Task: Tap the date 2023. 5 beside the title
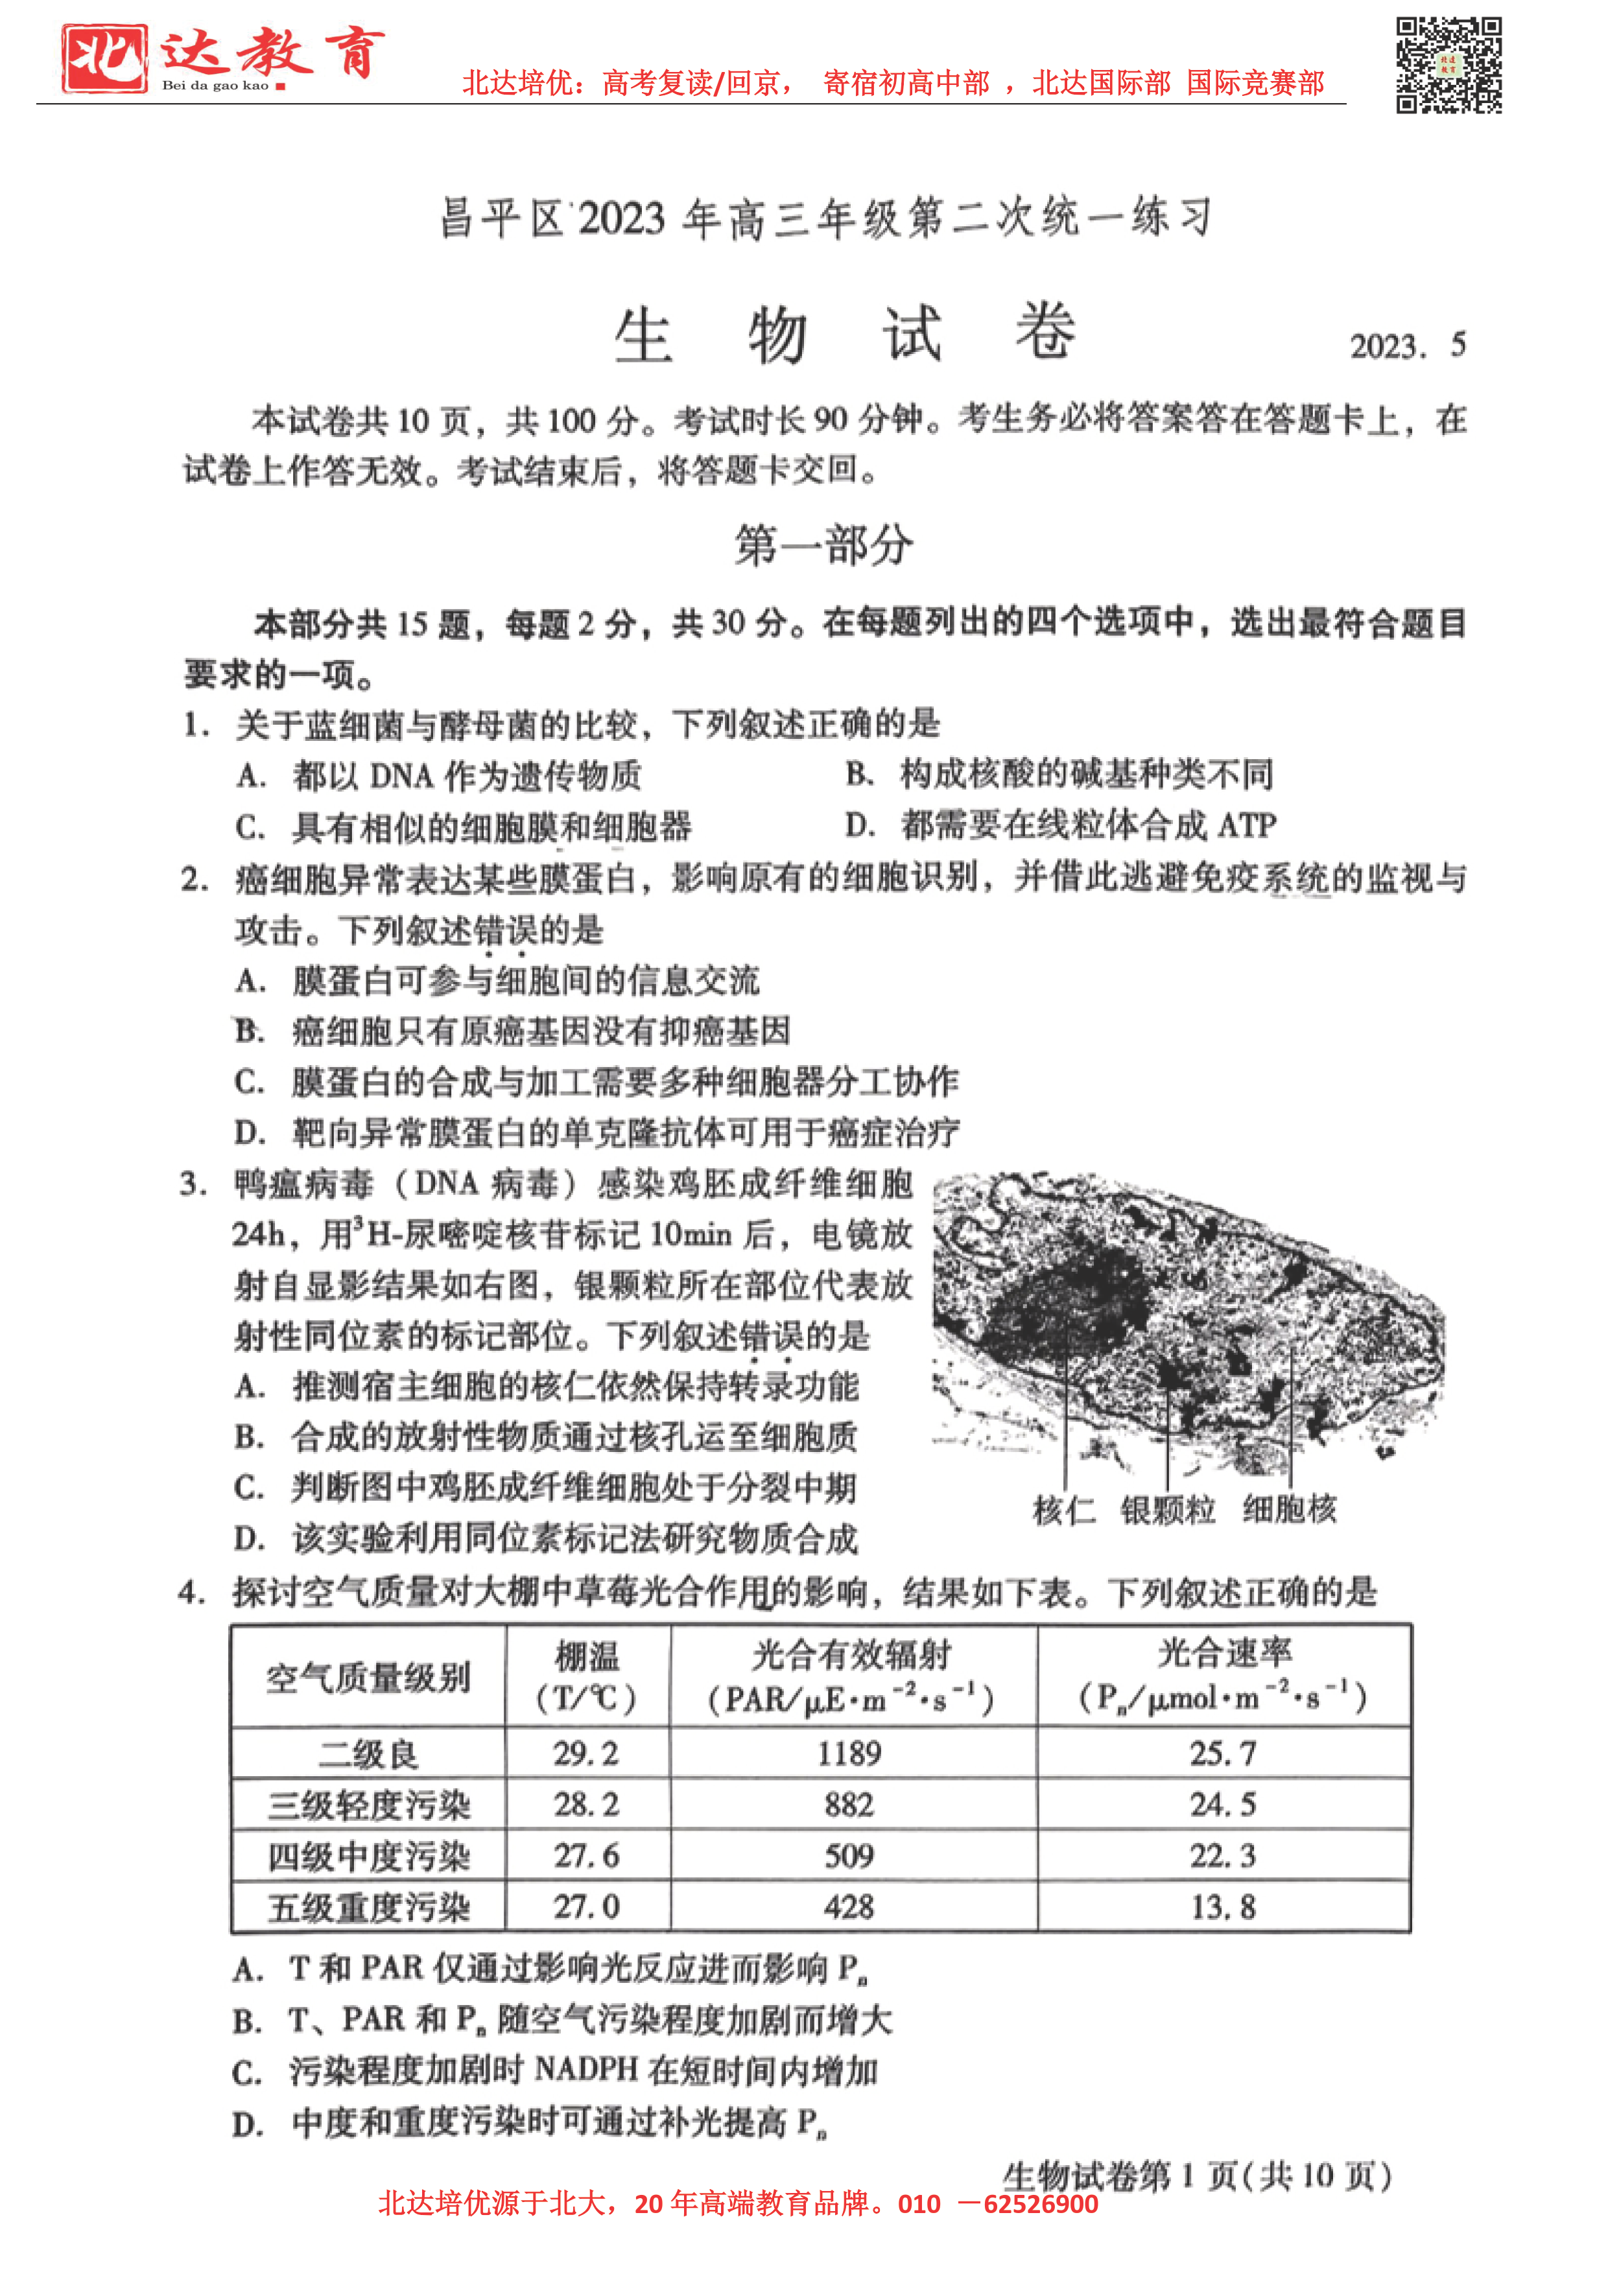pos(1407,346)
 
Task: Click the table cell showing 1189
pos(849,1754)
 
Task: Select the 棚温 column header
pos(587,1677)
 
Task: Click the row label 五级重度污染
pos(368,1908)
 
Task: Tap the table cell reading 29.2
pos(587,1754)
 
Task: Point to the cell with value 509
pos(849,1855)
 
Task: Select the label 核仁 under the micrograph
pos(1063,1510)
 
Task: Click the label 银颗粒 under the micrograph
pos(1168,1510)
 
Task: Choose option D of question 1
pos(1060,825)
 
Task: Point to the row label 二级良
pos(368,1755)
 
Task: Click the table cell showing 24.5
pos(1223,1805)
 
